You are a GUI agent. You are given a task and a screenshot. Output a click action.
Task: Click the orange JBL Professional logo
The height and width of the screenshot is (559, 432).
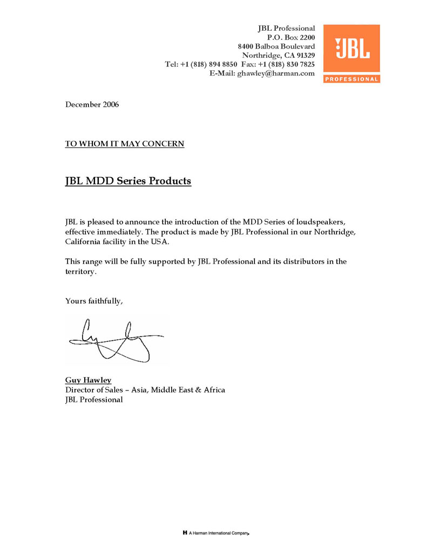point(351,53)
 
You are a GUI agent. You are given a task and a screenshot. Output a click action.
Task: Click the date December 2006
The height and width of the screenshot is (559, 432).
point(92,104)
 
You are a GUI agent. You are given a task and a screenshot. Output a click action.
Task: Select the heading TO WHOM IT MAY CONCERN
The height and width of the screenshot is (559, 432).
point(125,144)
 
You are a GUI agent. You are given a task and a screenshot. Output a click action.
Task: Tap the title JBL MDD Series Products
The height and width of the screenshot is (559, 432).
point(128,181)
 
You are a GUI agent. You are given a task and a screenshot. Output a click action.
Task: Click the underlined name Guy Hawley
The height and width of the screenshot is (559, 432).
point(88,380)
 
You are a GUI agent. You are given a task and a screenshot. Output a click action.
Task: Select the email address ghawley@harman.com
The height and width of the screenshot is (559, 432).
point(276,73)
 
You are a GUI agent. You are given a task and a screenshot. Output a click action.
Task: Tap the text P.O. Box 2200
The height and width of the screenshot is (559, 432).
point(291,37)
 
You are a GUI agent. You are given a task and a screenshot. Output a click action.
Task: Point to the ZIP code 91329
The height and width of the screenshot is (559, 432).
point(304,55)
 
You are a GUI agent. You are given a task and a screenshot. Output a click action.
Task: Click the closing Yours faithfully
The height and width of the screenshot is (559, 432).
point(94,300)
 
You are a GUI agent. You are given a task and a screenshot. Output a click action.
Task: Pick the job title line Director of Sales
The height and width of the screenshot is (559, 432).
point(145,390)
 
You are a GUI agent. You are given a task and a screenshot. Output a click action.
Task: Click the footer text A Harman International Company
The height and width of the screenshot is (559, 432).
point(219,533)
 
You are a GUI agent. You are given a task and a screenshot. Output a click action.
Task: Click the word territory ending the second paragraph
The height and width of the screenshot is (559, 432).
point(80,271)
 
